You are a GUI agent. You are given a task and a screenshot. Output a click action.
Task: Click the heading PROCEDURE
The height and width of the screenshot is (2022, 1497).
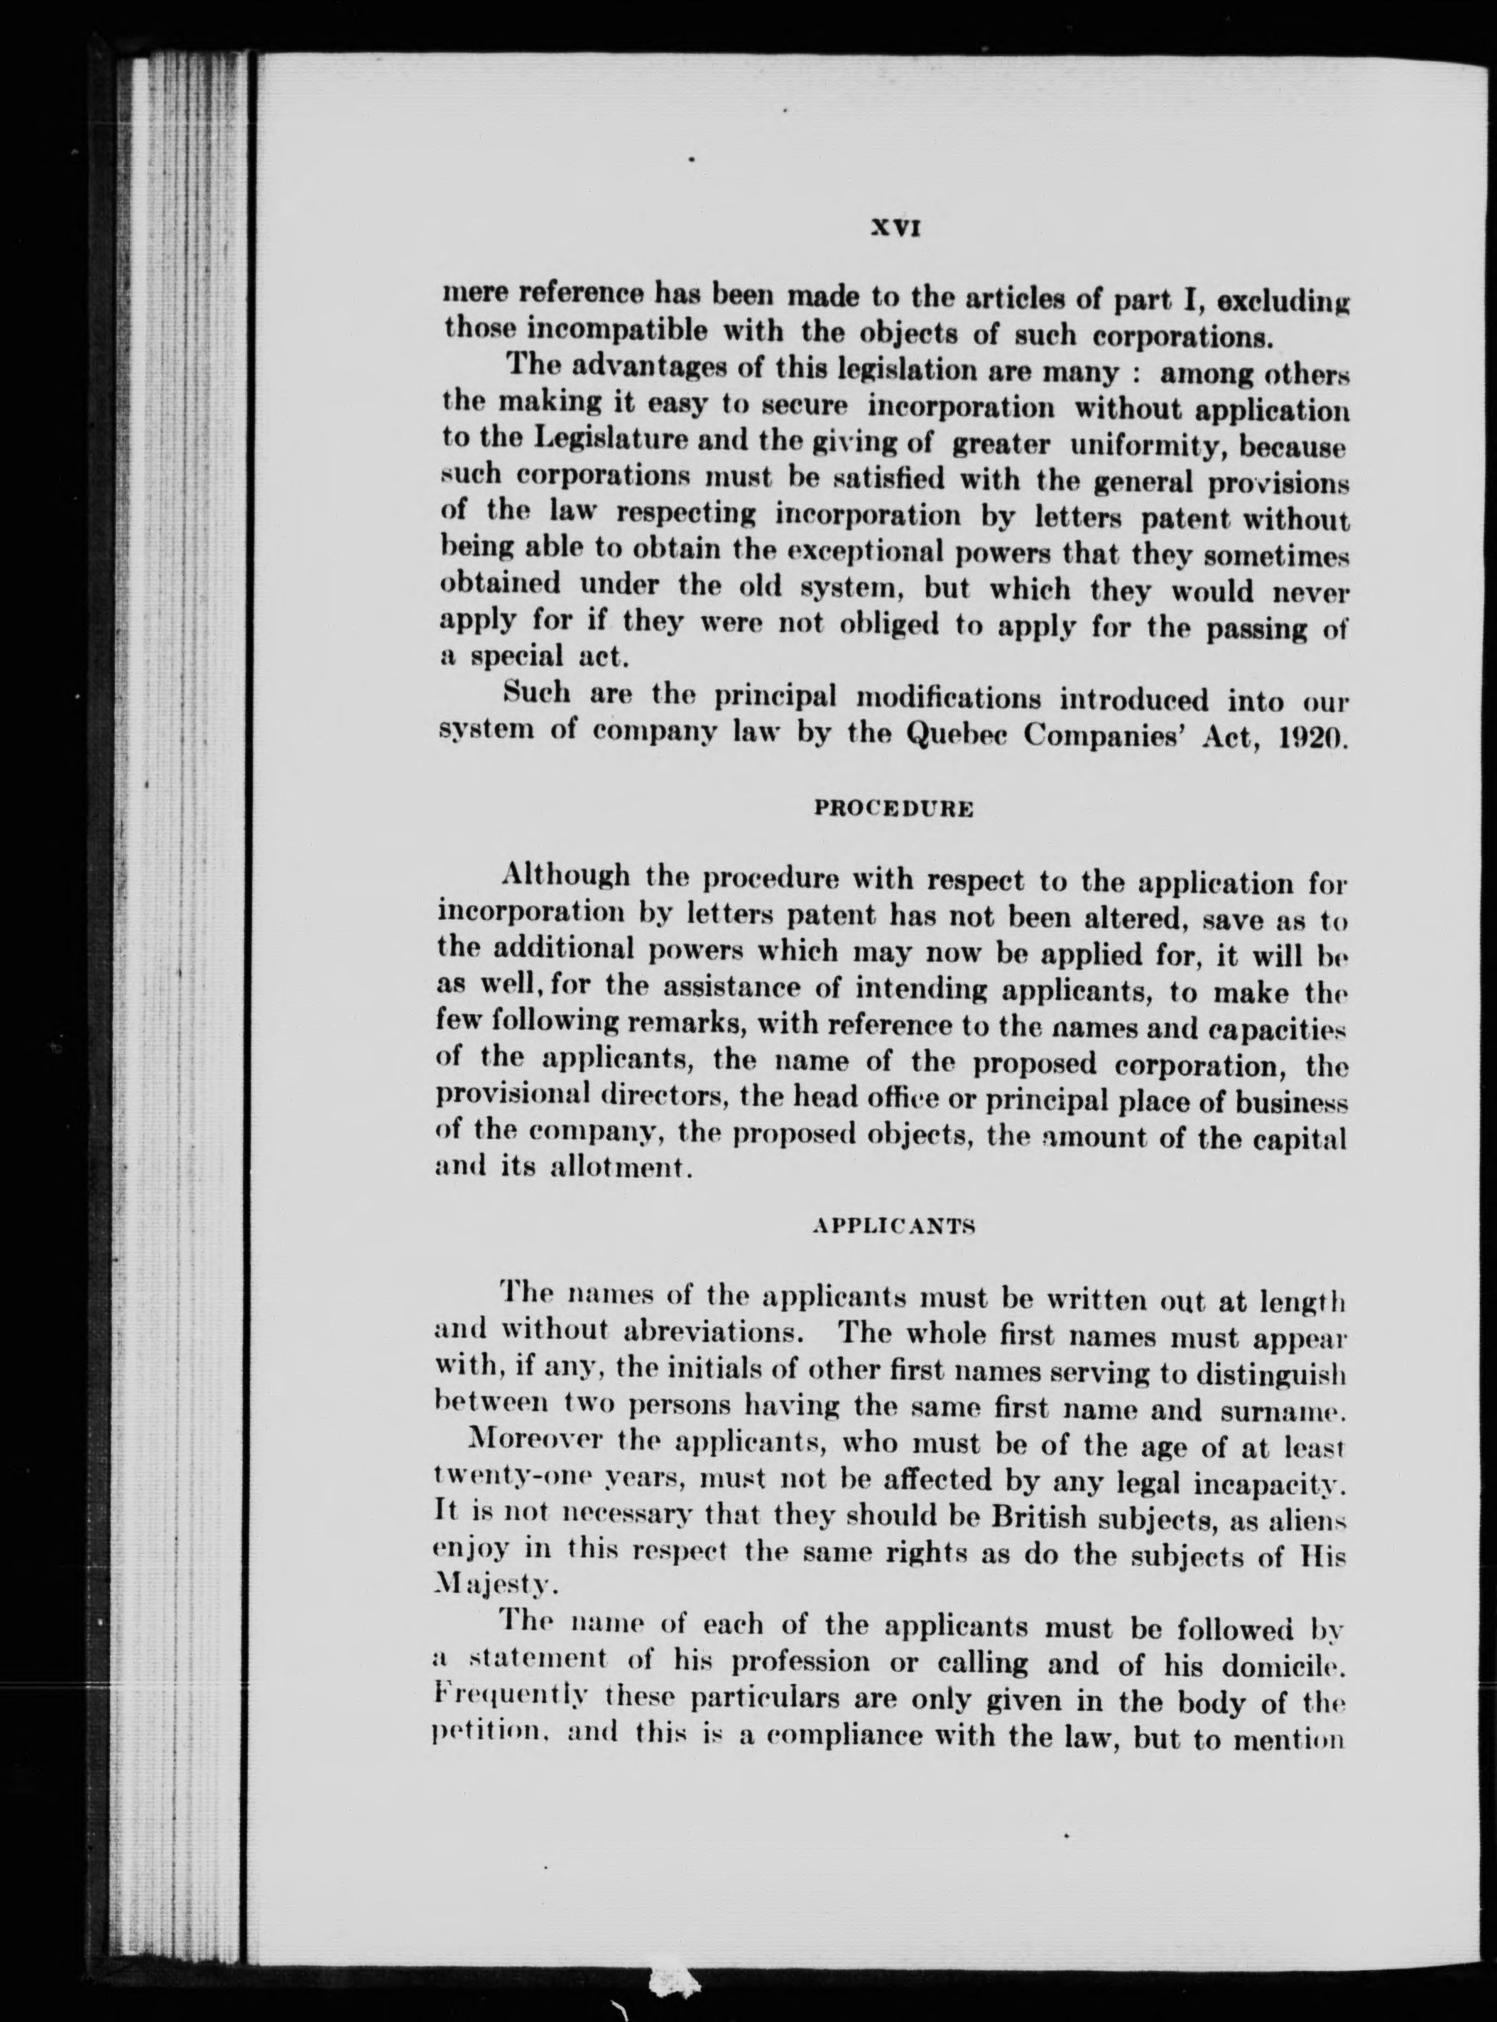pyautogui.click(x=894, y=809)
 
